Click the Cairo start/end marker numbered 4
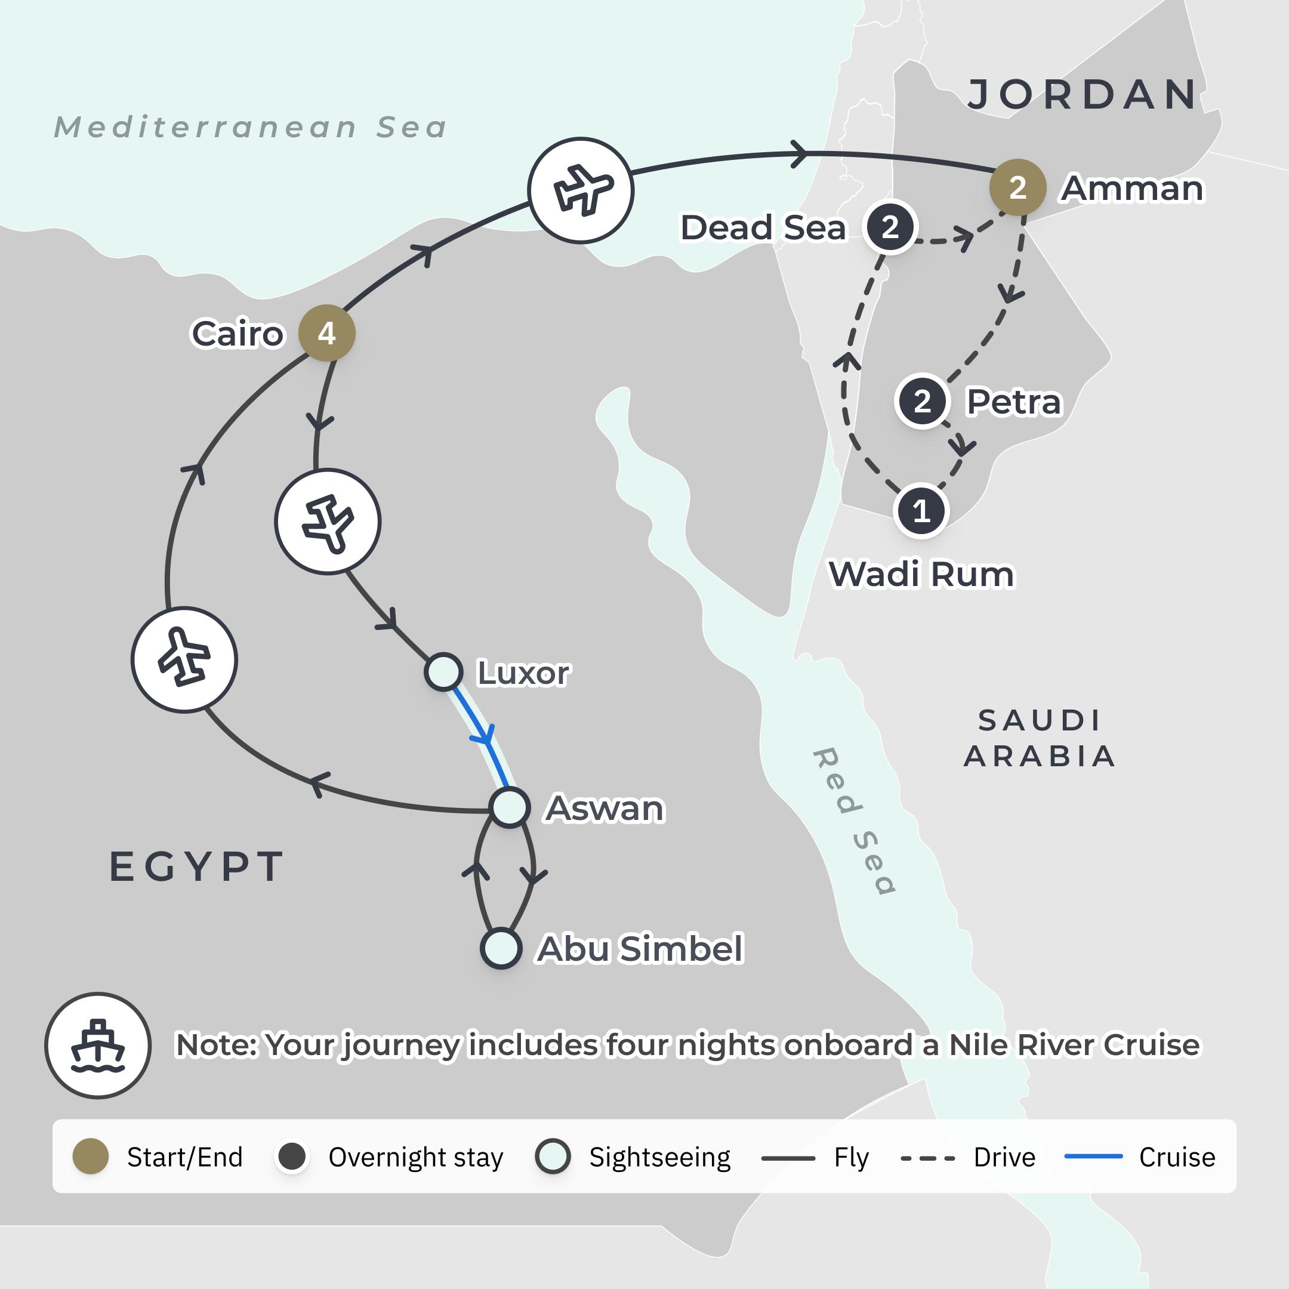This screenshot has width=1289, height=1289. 326,333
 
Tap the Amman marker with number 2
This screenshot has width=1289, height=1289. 1017,187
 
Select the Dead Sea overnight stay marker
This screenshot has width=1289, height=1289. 889,227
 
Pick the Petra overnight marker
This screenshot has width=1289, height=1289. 922,401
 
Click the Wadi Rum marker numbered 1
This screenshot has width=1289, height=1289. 921,511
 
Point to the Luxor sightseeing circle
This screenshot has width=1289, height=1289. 443,671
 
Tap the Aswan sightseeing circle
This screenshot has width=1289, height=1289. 510,807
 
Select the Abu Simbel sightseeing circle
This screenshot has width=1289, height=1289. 501,948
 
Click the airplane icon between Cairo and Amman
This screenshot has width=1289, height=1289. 581,190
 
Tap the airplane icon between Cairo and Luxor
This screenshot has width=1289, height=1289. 328,521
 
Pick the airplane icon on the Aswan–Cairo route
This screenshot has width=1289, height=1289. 184,659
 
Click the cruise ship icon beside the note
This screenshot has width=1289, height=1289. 98,1045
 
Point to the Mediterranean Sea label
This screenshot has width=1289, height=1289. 250,127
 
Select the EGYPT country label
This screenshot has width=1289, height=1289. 197,866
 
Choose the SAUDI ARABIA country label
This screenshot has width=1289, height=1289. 1040,738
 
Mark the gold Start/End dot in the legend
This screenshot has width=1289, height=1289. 91,1157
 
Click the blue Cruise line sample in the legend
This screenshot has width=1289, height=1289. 1093,1157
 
